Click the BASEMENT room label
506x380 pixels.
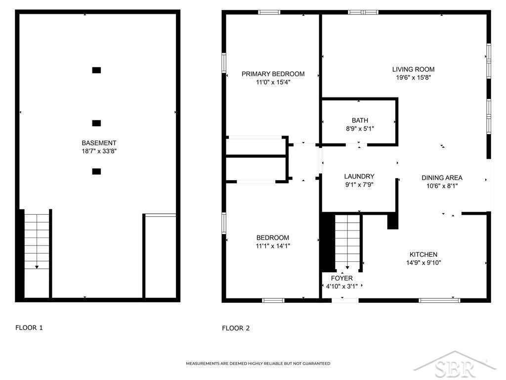coord(99,143)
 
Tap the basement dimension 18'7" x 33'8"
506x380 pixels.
coord(99,151)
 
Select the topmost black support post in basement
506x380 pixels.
coord(96,70)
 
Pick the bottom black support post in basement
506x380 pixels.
coord(96,171)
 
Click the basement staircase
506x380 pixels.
coord(37,241)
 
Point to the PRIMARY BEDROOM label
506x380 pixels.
coord(273,74)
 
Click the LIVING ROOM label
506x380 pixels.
coord(414,69)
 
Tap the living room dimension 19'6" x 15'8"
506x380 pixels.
coord(414,78)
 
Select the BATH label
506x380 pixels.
coord(360,121)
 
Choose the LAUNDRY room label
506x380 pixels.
coord(359,177)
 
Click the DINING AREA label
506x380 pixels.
coord(442,178)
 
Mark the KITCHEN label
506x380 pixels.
coord(423,255)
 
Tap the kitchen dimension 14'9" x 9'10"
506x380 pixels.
coord(423,263)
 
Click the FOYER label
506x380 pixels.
coord(342,278)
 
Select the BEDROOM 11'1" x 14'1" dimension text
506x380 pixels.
coord(273,246)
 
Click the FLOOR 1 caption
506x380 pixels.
coord(29,328)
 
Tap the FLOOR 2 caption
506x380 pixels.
coord(236,329)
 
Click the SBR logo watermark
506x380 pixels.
coord(455,365)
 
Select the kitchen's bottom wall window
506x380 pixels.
coord(439,300)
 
